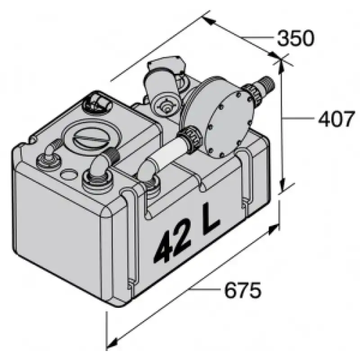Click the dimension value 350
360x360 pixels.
[296, 38]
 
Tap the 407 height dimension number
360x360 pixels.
[336, 119]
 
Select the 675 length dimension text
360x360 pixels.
[243, 290]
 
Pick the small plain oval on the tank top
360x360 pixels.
[66, 174]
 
